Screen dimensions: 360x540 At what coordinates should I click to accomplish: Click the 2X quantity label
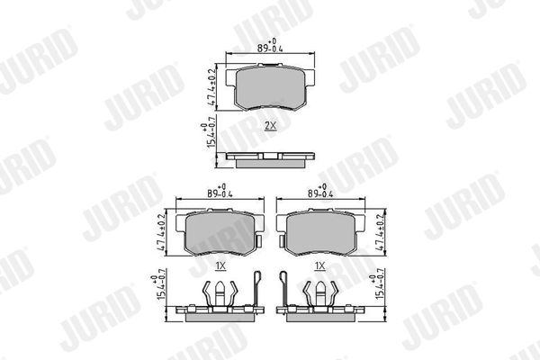[x=270, y=125]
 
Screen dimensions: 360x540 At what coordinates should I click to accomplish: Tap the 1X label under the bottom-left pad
[x=220, y=266]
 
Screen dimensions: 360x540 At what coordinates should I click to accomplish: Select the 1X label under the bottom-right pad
[x=319, y=266]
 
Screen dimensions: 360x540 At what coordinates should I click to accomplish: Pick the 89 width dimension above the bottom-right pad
[x=319, y=192]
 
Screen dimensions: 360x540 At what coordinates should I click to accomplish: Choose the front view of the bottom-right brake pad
[x=319, y=231]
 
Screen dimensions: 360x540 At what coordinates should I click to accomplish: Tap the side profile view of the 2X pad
[x=270, y=157]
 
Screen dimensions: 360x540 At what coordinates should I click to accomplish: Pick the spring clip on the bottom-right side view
[x=319, y=292]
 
